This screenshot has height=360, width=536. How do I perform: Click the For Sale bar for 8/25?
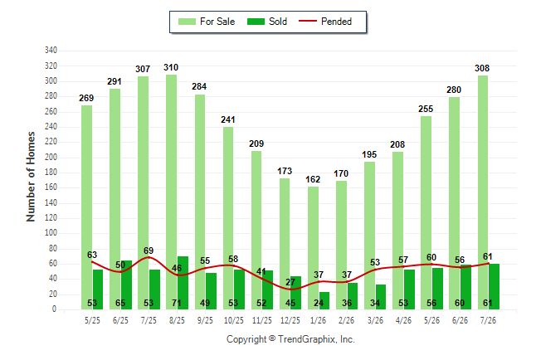pos(171,192)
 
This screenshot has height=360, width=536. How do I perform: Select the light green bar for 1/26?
pos(313,248)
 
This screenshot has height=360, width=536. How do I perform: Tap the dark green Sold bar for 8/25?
pos(183,283)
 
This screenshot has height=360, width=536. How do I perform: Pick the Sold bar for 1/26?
pos(324,300)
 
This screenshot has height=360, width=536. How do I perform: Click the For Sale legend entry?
pos(207,22)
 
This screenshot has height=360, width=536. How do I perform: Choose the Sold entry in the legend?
pos(267,22)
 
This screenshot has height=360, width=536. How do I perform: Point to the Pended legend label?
pos(336,22)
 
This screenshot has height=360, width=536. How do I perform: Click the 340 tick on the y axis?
pos(51,51)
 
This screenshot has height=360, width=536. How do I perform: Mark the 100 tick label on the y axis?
pos(51,233)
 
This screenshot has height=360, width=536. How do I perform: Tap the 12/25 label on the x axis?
pos(290,320)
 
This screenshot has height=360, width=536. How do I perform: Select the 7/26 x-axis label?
pos(488,320)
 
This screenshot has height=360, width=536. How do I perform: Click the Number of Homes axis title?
pos(31,177)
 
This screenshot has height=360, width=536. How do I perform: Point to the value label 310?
pos(171,67)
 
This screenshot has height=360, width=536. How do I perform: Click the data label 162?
pos(313,179)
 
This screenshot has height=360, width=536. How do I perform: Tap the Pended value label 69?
pos(149,251)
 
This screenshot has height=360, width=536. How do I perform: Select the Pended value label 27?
pos(290,282)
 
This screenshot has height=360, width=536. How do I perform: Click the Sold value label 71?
pos(177,303)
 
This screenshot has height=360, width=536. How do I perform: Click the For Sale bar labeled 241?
pos(228,218)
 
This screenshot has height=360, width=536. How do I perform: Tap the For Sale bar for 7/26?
pos(483,192)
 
